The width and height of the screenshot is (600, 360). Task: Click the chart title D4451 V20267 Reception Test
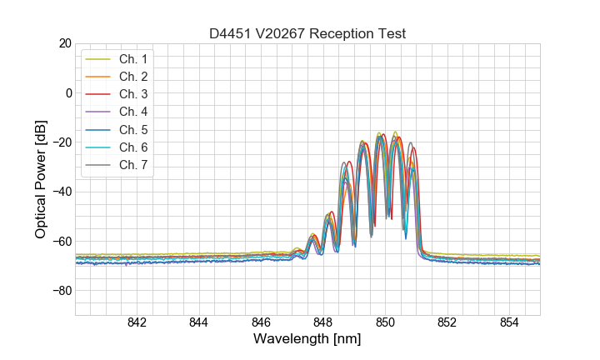(x=307, y=34)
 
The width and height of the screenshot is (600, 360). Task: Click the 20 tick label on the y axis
(x=64, y=43)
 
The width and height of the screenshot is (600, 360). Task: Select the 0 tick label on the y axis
(x=67, y=92)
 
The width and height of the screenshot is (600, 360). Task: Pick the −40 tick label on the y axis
(x=61, y=192)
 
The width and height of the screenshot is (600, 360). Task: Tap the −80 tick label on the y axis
(x=61, y=291)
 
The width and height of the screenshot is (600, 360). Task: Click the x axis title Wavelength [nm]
(x=307, y=340)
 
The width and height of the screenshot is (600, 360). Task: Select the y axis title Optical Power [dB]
(x=41, y=179)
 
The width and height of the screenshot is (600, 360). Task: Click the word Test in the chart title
(x=391, y=34)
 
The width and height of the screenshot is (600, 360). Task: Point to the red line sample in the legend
(x=99, y=94)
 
